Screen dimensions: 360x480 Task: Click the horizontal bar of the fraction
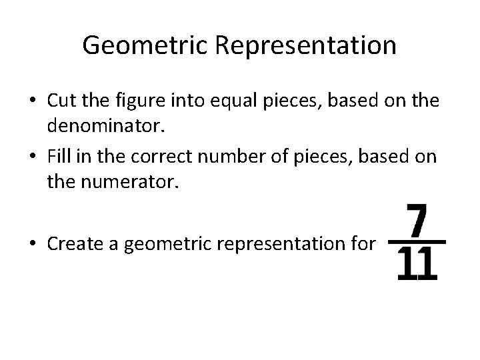coord(417,241)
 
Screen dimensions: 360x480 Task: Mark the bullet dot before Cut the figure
coord(31,101)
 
